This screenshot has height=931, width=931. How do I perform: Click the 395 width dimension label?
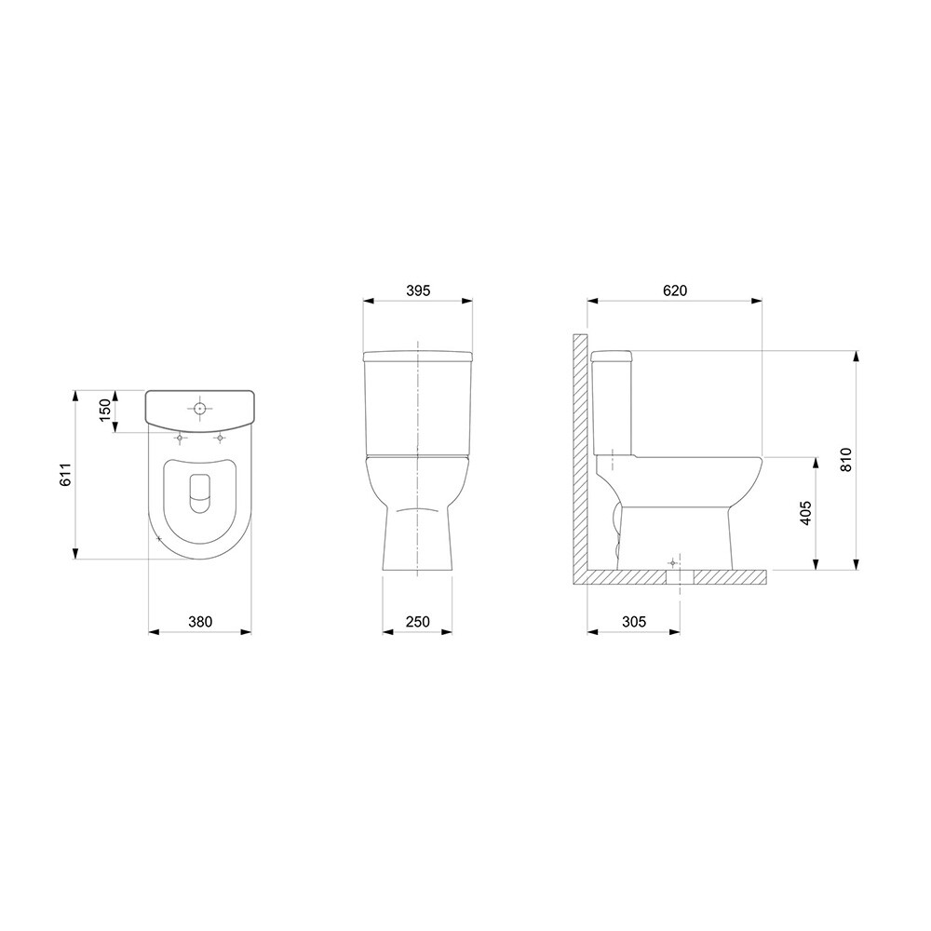[x=418, y=290]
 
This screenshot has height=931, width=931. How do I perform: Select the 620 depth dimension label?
[x=675, y=290]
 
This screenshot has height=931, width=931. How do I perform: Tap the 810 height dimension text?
[x=845, y=460]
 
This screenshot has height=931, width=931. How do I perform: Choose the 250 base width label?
[x=418, y=622]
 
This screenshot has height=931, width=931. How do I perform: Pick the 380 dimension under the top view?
[x=200, y=622]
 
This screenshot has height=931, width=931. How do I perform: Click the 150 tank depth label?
[x=104, y=411]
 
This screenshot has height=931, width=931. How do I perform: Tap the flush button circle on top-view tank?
[x=200, y=408]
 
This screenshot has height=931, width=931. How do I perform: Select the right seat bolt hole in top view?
[x=220, y=438]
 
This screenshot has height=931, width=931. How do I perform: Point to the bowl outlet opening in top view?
[x=200, y=492]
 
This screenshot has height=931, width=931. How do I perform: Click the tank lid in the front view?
[x=418, y=356]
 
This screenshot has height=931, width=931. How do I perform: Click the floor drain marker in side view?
[x=673, y=564]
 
